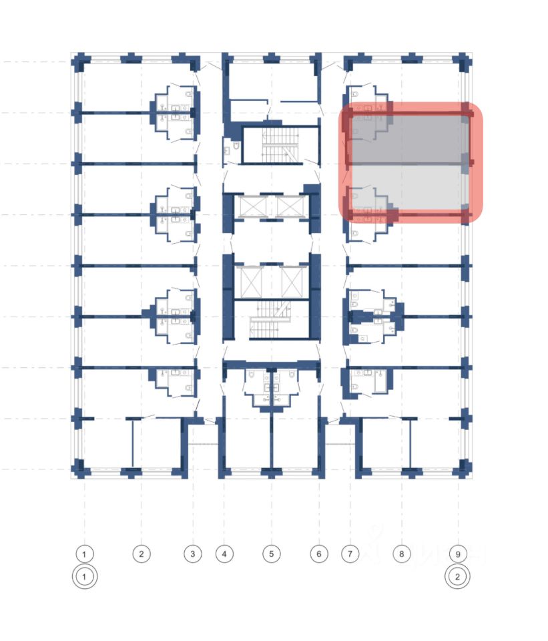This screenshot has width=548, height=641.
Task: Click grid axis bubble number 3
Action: pyautogui.click(x=192, y=554)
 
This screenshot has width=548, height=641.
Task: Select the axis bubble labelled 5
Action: pyautogui.click(x=272, y=554)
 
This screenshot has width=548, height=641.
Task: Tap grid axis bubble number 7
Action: pyautogui.click(x=350, y=554)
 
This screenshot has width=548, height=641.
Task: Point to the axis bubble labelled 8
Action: pyautogui.click(x=401, y=554)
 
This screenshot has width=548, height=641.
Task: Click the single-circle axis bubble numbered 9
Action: pyautogui.click(x=457, y=554)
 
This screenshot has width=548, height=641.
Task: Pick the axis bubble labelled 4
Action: pyautogui.click(x=224, y=554)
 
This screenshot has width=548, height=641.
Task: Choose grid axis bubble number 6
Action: pyautogui.click(x=319, y=554)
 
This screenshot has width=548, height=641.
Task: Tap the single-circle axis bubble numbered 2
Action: pyautogui.click(x=141, y=554)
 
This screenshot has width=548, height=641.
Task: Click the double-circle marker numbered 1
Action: pyautogui.click(x=85, y=577)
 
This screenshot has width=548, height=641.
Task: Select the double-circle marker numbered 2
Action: pyautogui.click(x=457, y=577)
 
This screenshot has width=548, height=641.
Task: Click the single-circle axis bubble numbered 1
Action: pyautogui.click(x=85, y=554)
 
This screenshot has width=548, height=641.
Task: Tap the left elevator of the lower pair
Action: pyautogui.click(x=248, y=282)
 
